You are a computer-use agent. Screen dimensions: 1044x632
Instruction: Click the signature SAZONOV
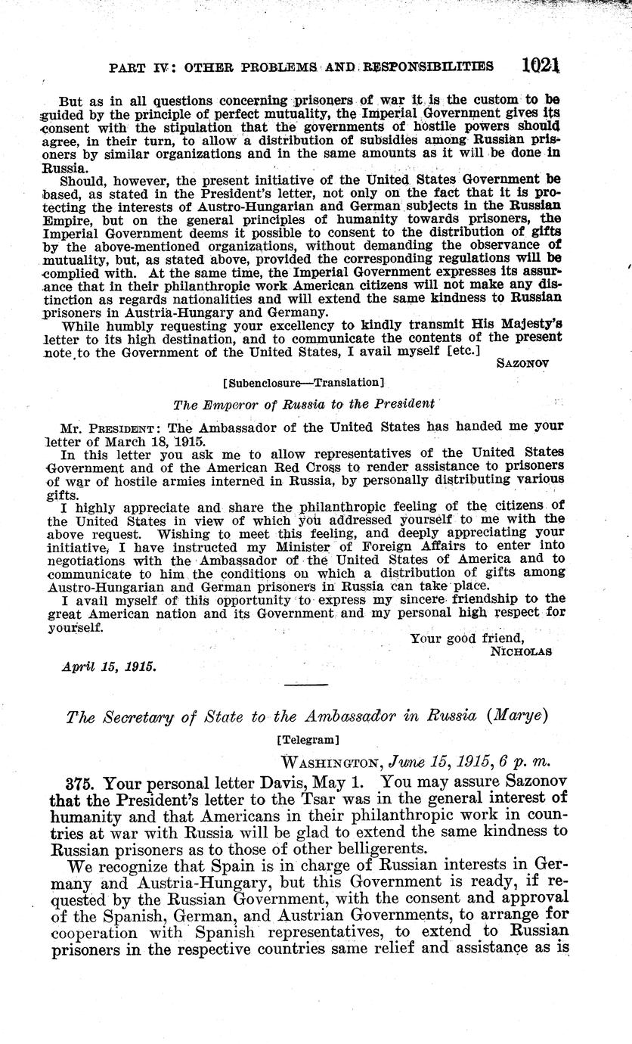pyautogui.click(x=523, y=362)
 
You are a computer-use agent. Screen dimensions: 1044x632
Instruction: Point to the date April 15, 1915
pyautogui.click(x=109, y=667)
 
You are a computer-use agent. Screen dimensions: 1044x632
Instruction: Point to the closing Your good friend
pyautogui.click(x=466, y=638)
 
